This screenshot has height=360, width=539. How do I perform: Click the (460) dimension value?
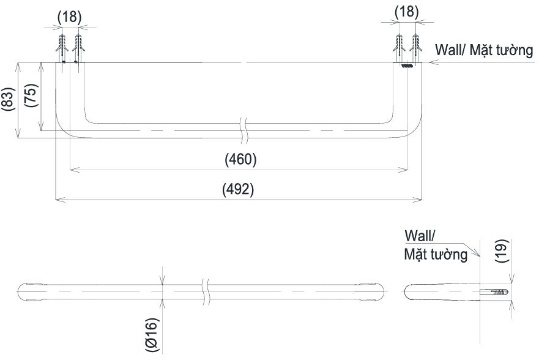click(240, 160)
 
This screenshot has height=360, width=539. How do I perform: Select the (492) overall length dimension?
click(238, 189)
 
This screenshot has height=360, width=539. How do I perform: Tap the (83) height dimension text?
click(8, 99)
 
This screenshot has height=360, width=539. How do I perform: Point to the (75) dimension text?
click(31, 96)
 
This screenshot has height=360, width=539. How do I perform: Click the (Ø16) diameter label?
click(152, 334)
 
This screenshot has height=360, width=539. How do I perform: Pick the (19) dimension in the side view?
click(502, 251)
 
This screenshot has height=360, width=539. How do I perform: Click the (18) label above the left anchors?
click(69, 17)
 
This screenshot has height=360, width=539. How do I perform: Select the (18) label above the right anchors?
click(407, 12)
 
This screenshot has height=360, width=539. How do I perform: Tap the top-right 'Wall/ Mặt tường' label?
click(484, 50)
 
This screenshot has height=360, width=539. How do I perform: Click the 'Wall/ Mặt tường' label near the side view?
click(436, 246)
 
